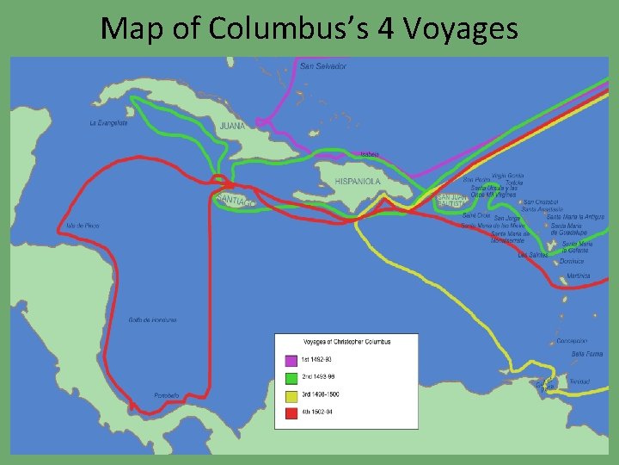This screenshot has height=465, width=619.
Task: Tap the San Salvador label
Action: (x=323, y=66)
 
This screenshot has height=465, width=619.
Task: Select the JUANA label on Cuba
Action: (x=232, y=125)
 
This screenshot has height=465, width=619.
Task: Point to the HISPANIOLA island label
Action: (x=358, y=182)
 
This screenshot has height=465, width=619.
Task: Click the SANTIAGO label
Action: (x=235, y=200)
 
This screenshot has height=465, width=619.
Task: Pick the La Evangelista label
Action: (x=108, y=123)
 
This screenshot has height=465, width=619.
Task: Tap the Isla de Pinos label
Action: (x=83, y=226)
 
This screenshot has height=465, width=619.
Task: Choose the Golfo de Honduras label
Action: (x=153, y=319)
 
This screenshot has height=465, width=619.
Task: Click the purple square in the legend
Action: (x=291, y=360)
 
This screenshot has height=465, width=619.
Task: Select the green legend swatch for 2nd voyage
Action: (x=291, y=378)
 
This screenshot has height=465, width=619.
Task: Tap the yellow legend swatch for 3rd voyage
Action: (x=291, y=395)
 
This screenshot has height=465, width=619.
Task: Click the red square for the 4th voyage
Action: (x=291, y=412)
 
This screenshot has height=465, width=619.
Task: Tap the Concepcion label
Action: (x=572, y=341)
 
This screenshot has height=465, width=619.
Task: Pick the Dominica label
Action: (x=572, y=261)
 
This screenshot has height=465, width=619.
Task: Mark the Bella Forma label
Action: (x=587, y=354)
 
